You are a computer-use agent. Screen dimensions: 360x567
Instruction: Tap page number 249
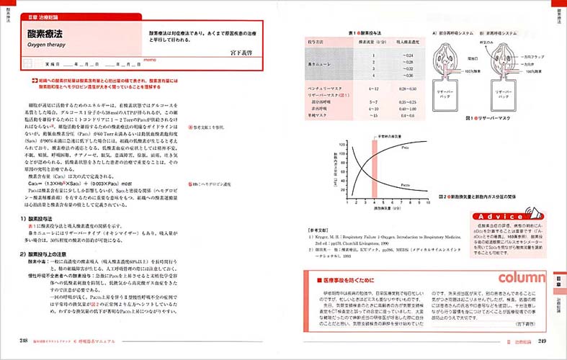[x=543, y=341]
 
